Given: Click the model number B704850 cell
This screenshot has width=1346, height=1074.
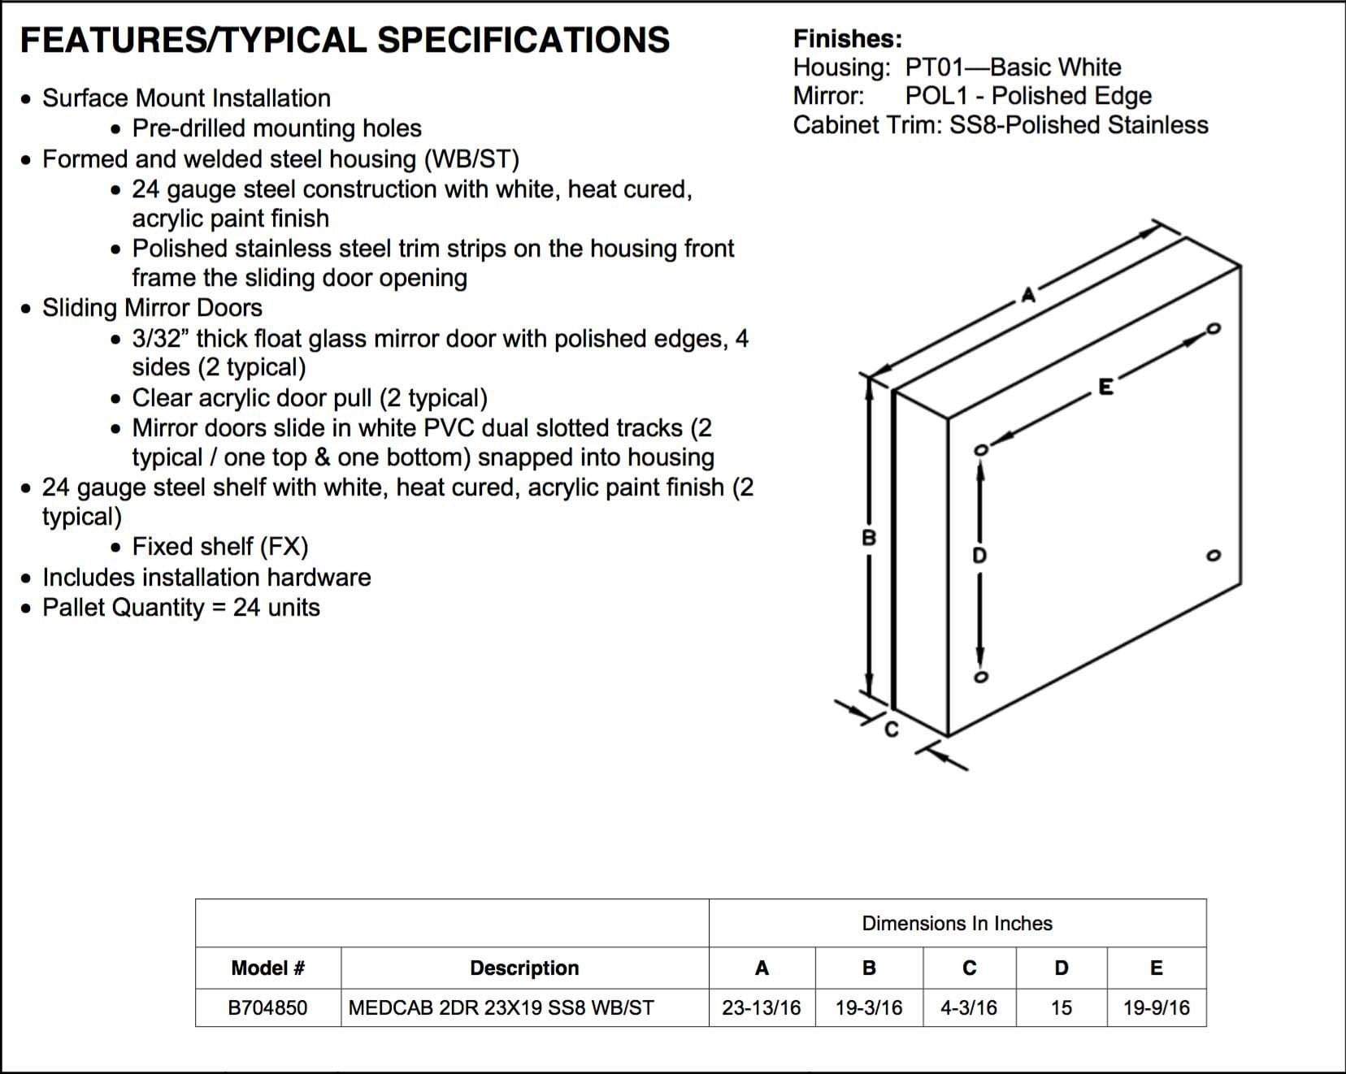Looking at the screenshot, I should coord(267,1008).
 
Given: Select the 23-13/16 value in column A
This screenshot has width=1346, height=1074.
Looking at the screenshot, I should coord(761,1008).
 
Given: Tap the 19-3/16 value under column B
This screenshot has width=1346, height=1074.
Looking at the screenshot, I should coord(869,1008).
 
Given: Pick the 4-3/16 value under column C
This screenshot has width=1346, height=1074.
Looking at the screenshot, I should coord(969,1008).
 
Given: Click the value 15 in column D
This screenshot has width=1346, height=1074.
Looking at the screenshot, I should coord(1061,1008).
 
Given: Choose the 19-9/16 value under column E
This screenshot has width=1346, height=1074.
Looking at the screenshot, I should coord(1156,1008).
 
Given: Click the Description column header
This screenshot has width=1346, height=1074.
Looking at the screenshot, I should coord(524,968).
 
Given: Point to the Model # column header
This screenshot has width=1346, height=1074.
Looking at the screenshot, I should coord(267,968).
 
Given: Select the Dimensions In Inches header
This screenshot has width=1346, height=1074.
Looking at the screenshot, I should coord(957,924).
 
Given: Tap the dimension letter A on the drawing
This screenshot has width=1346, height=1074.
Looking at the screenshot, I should coord(1028,295).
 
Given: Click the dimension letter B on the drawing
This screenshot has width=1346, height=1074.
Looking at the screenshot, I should coord(869,538).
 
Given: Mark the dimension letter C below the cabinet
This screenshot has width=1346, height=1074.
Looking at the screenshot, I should coord(892,730).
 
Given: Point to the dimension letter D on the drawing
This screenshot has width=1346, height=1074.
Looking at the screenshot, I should coord(979,556).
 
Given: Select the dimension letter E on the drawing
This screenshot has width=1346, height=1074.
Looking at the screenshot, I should coord(1105,388).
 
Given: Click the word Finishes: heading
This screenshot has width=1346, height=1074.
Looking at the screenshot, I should coord(847,39).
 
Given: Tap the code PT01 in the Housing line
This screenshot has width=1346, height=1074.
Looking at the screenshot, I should coord(931,67).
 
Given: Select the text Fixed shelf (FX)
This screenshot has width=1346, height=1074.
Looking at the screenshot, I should coord(220,547).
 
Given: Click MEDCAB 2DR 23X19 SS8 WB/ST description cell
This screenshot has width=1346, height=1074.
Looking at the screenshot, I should coord(501,1008).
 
